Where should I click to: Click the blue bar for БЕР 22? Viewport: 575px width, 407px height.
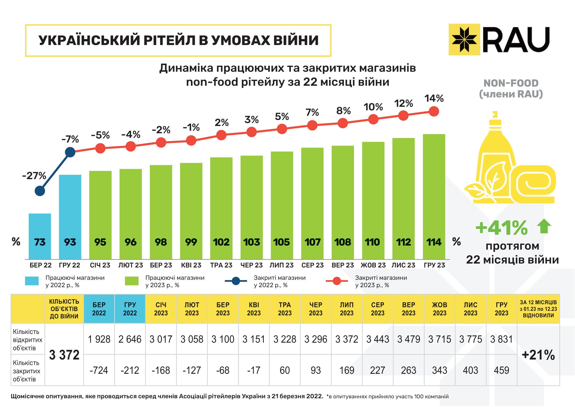(x=40, y=236)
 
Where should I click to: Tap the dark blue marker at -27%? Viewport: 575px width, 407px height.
(x=40, y=191)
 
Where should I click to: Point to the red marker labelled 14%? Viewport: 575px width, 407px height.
(x=434, y=111)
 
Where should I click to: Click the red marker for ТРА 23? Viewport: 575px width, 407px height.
(x=221, y=135)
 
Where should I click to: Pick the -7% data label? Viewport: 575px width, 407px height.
(x=70, y=139)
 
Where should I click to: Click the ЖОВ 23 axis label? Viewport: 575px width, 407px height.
(x=373, y=265)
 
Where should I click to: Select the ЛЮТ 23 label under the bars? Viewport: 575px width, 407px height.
(x=131, y=265)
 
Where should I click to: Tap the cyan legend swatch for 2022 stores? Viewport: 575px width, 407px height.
(x=32, y=281)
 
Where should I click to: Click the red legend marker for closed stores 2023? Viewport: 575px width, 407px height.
(x=337, y=281)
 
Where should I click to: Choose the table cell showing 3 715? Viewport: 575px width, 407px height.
(x=440, y=339)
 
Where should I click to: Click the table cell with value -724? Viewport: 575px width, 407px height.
(x=99, y=370)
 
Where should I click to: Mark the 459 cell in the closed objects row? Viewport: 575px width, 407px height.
(x=501, y=370)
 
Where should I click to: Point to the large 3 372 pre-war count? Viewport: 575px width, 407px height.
(x=64, y=355)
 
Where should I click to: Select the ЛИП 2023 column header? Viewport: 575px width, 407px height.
(x=347, y=309)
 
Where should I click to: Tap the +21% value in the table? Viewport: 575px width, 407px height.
(x=538, y=355)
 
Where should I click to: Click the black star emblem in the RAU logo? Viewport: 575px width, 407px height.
(x=464, y=40)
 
